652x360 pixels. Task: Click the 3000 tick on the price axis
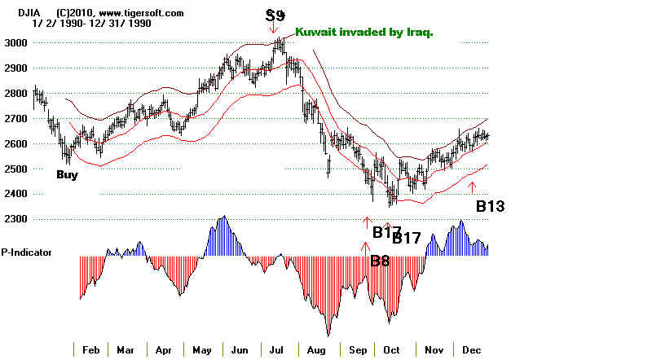coord(13,42)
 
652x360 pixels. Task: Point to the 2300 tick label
coord(13,219)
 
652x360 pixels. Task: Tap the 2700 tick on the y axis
coord(13,118)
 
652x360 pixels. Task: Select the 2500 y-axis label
coord(13,169)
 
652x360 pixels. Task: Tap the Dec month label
coord(471,349)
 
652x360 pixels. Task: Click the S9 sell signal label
coord(275,15)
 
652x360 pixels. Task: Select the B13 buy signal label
coord(490,206)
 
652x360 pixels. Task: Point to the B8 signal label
coord(380,261)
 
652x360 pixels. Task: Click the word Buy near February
coord(68,174)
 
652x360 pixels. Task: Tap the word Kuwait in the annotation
coord(313,33)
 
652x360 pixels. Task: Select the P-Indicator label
coord(27,252)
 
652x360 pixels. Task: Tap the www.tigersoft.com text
coord(144,13)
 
